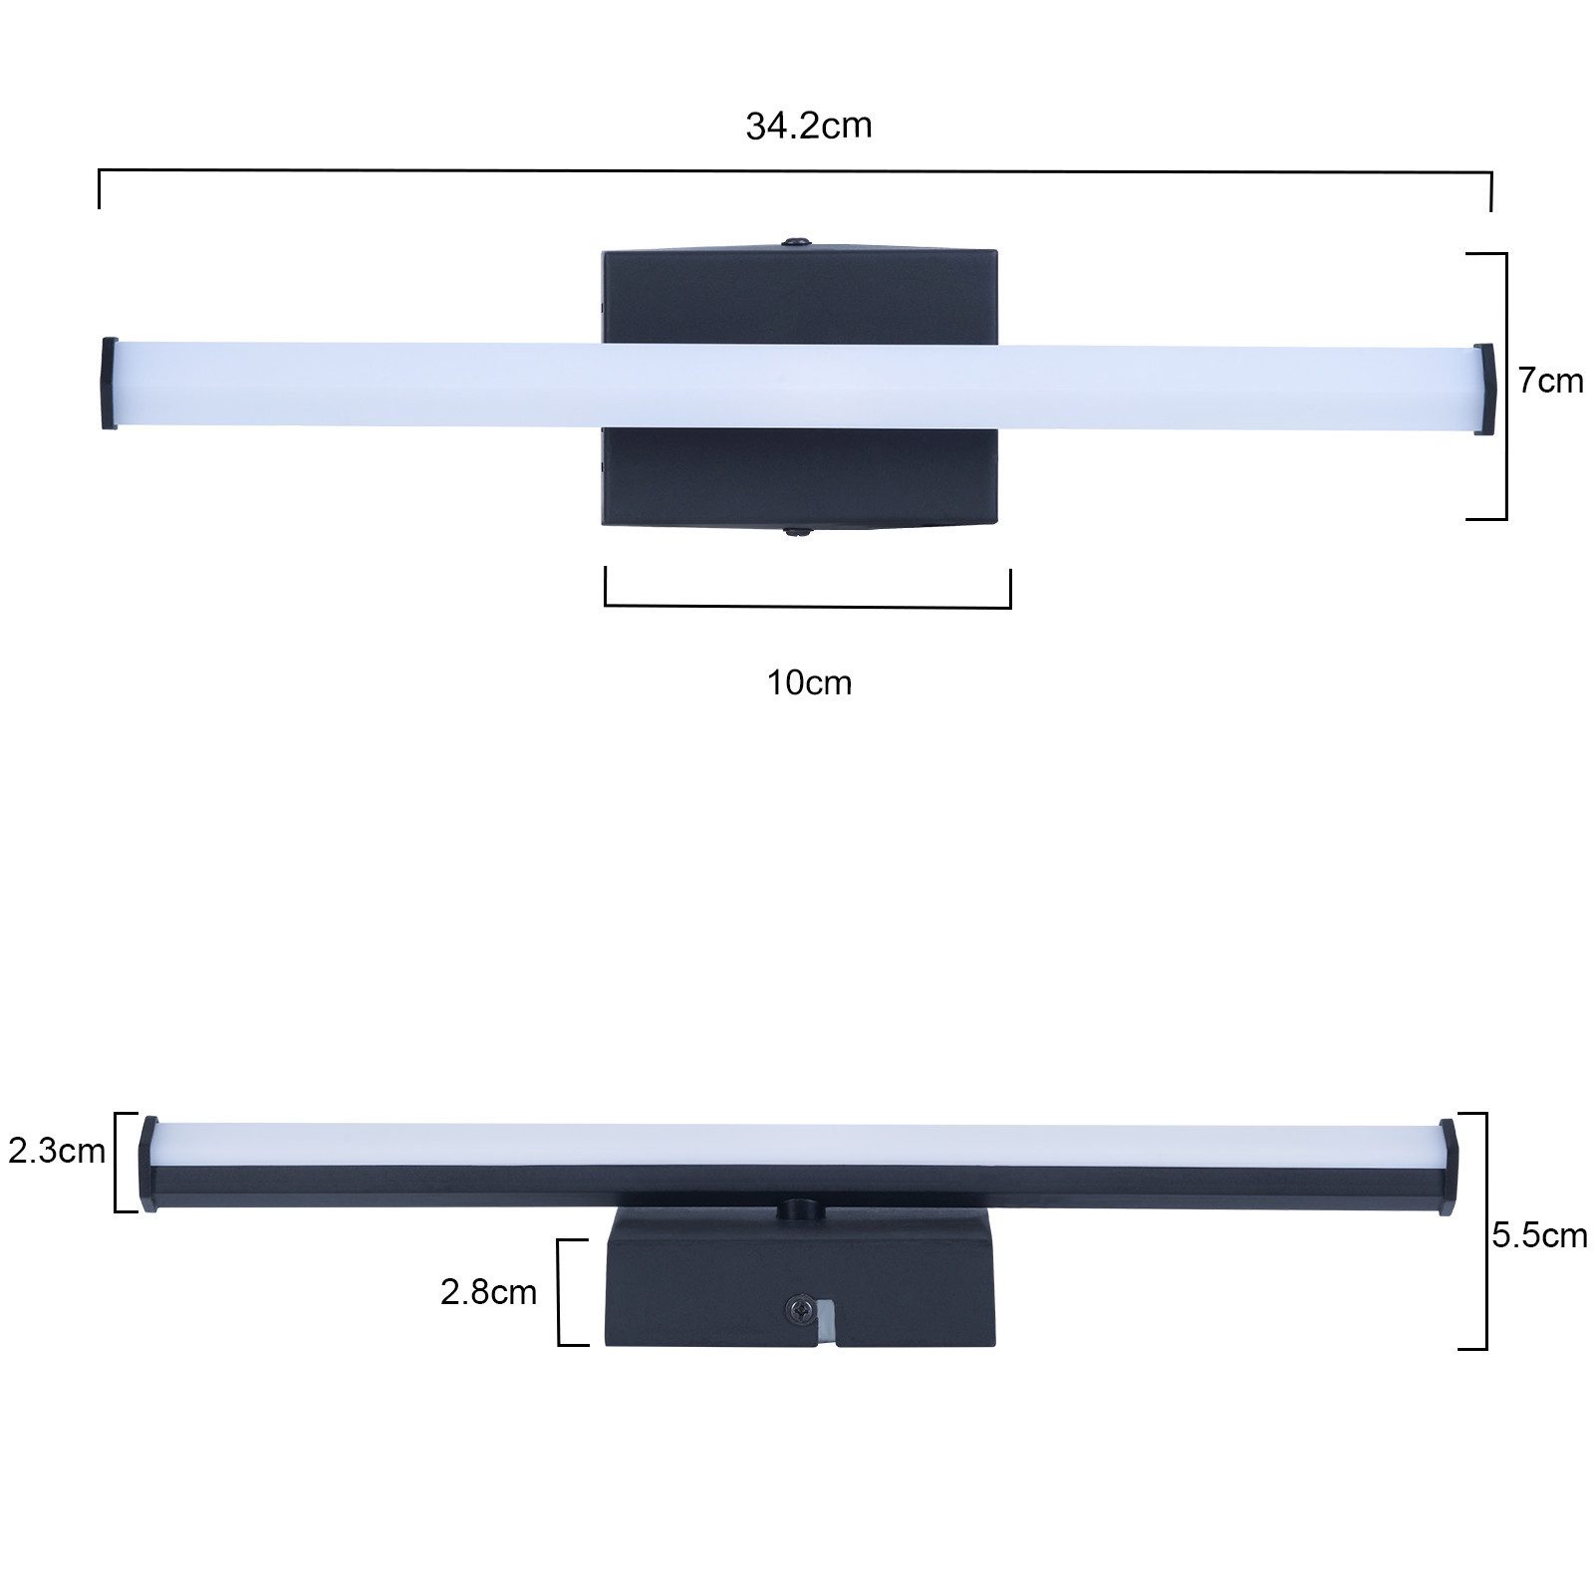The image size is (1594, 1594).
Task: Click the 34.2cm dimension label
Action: [808, 127]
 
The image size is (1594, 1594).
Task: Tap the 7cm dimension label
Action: [1550, 382]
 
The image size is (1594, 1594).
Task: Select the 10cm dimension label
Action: [809, 683]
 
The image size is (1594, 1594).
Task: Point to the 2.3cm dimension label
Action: [57, 1152]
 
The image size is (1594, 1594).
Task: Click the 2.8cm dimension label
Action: [488, 1292]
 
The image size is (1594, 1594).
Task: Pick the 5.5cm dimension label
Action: [1538, 1236]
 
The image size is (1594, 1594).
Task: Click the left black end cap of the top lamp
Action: [109, 384]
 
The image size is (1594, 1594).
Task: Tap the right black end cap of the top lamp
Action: [1483, 389]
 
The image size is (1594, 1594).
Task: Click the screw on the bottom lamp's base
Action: [798, 1310]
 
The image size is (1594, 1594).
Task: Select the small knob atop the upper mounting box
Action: [796, 242]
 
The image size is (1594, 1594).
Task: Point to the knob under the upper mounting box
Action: [796, 532]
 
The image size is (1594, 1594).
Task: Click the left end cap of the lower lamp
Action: [148, 1163]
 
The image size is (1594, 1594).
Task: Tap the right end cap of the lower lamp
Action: [1449, 1167]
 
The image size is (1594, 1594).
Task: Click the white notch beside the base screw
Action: [825, 1321]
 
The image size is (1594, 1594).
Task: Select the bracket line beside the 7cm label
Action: [1504, 387]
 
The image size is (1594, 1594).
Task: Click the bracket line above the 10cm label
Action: [807, 606]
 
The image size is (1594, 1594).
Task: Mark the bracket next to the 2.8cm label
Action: [559, 1292]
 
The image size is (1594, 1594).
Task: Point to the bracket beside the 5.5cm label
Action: [1485, 1230]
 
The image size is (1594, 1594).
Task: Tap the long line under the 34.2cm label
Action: [795, 171]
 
